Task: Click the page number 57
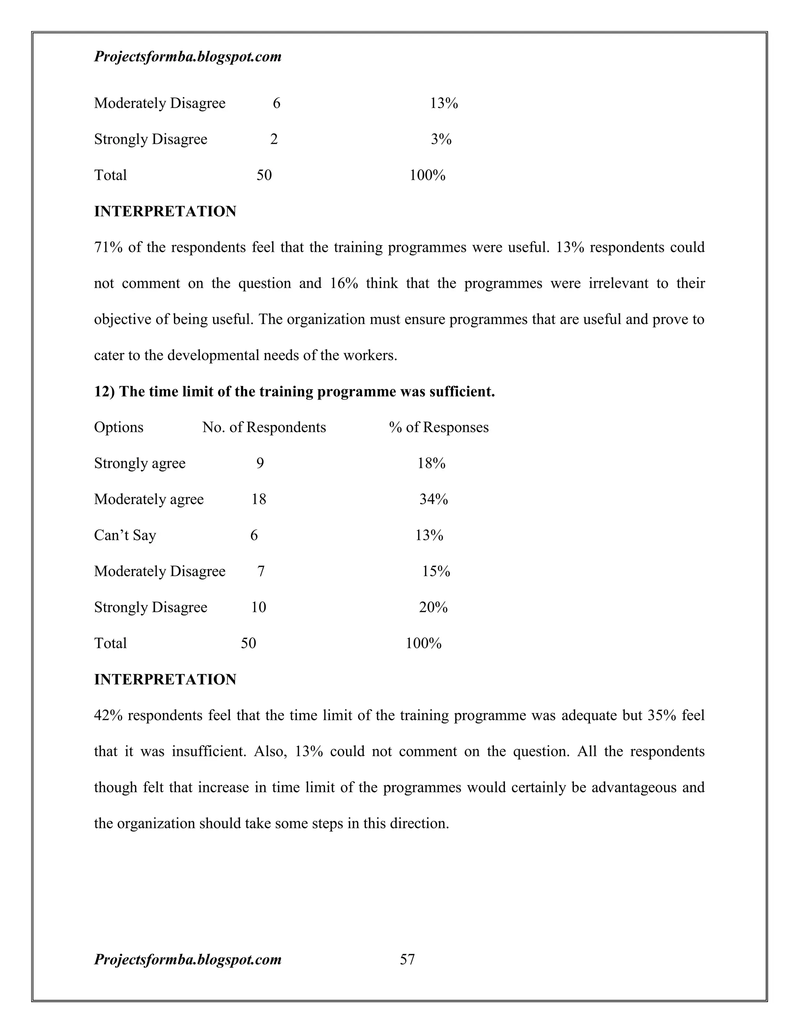pos(407,959)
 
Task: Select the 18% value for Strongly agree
pos(431,463)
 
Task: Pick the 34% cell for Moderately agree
pos(433,499)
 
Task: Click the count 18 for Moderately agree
pos(258,499)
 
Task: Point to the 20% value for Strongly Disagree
pos(433,607)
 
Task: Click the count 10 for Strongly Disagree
pos(258,607)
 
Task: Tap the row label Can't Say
pos(125,536)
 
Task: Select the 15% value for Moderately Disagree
pos(436,571)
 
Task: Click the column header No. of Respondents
pos(264,427)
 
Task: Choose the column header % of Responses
pos(439,427)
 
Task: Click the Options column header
pos(118,427)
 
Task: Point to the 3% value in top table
pos(441,139)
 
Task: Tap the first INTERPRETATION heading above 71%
pos(165,211)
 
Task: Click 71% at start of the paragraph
pos(108,248)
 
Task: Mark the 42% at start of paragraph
pos(108,715)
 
